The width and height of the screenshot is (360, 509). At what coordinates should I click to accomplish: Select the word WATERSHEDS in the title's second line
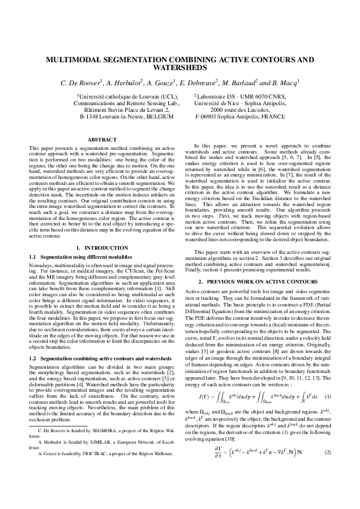point(180,69)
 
